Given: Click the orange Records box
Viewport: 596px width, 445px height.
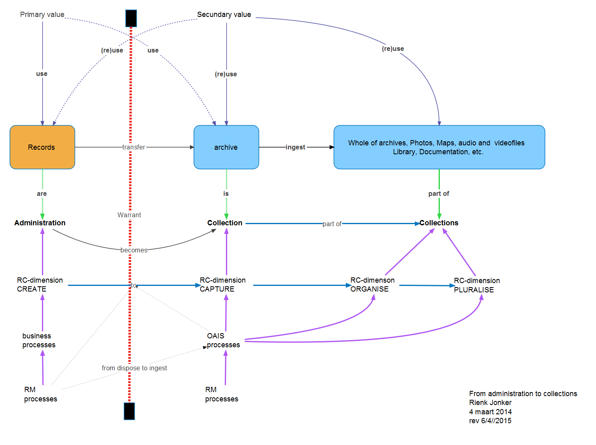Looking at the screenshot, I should pyautogui.click(x=42, y=147).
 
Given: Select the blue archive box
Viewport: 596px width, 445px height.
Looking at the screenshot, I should pyautogui.click(x=226, y=147).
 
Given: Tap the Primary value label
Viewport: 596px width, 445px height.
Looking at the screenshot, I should pyautogui.click(x=42, y=15).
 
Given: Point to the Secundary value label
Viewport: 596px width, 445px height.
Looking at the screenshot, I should pyautogui.click(x=224, y=15).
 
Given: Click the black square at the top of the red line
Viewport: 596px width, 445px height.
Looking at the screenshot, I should pyautogui.click(x=131, y=18).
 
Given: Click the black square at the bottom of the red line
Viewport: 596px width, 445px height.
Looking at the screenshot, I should pyautogui.click(x=129, y=411).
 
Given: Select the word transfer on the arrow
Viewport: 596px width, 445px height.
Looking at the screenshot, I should pyautogui.click(x=134, y=147).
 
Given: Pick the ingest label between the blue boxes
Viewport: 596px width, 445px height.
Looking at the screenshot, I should pyautogui.click(x=295, y=147).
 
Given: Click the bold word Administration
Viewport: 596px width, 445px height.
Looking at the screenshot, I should pyautogui.click(x=40, y=223).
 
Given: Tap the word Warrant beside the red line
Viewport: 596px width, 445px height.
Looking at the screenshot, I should pyautogui.click(x=129, y=215).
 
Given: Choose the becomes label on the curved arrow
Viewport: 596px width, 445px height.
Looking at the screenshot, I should pyautogui.click(x=134, y=250).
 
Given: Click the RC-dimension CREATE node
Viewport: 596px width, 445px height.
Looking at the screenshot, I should pyautogui.click(x=40, y=285).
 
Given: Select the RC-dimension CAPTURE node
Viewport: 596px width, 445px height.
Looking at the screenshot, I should pyautogui.click(x=222, y=285).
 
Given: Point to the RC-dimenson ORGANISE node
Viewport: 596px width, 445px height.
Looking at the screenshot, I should pyautogui.click(x=372, y=285).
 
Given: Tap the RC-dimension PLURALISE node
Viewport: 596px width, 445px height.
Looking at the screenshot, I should pyautogui.click(x=477, y=285).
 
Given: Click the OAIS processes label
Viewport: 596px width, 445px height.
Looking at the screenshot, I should pyautogui.click(x=223, y=340).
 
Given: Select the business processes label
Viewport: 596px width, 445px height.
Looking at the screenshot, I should pyautogui.click(x=39, y=340).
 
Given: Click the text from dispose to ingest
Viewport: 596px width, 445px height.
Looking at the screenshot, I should pyautogui.click(x=134, y=368).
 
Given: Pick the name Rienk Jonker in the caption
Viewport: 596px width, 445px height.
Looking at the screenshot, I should pyautogui.click(x=490, y=403).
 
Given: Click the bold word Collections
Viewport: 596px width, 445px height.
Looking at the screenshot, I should pyautogui.click(x=439, y=223).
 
